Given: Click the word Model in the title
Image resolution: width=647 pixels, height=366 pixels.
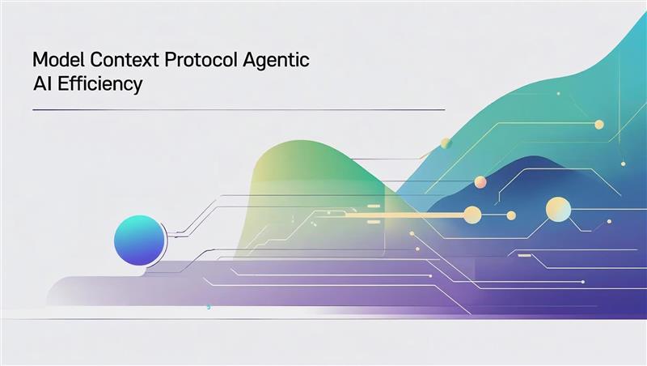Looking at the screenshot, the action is click(59, 60).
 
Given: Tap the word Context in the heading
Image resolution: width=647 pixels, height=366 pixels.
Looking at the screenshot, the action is click(125, 60).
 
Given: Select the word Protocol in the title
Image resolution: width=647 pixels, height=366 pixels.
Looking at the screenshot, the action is click(201, 60).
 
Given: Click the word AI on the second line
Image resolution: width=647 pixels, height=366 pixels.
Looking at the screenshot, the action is click(43, 84).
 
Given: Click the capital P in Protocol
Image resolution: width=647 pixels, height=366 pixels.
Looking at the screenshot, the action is click(170, 60).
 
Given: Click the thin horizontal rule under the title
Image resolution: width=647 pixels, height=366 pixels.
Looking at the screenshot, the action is click(239, 110).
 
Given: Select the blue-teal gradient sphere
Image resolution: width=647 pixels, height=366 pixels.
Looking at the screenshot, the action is click(139, 240).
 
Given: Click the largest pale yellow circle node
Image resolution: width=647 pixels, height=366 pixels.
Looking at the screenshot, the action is click(558, 210).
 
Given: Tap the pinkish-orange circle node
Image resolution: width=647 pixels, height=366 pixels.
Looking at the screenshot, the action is click(480, 181).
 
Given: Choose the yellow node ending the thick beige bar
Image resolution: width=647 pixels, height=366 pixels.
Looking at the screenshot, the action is click(472, 215).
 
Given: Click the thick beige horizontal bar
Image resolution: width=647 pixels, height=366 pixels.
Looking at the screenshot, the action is click(404, 215).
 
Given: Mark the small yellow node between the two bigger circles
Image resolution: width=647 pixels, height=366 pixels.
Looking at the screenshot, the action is click(511, 215).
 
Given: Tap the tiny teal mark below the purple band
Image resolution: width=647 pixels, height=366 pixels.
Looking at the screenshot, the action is click(209, 307).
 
